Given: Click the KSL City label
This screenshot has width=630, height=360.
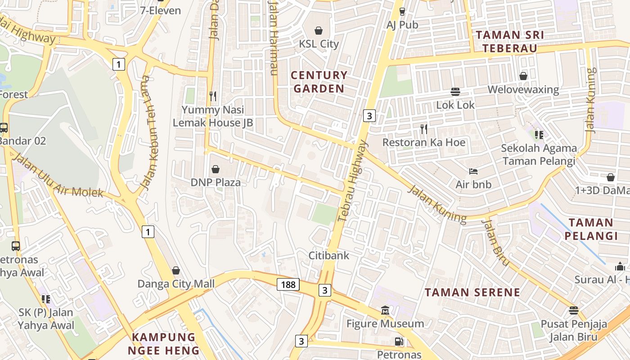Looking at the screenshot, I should pos(319,44).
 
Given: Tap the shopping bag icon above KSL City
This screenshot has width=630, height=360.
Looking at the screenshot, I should pos(319,31).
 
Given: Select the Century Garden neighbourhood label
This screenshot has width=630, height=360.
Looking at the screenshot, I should pos(319,81).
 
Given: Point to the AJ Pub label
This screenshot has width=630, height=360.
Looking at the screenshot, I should pos(402,25).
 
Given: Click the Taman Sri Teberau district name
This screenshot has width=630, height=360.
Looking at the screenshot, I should pos(510,41).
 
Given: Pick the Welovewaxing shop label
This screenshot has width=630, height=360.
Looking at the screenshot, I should pos(523,90).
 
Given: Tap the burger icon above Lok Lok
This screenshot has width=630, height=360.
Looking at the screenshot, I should pos(455,91).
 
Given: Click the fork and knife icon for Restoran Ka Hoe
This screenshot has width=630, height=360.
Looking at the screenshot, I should pos(423,129).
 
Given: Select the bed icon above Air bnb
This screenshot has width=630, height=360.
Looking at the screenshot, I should pos(473,171).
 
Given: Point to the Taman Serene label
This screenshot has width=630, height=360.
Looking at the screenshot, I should pos(472,292).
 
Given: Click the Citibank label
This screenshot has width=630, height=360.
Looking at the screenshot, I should pos(328,255).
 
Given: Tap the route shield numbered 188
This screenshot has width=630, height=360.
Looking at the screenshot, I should pos(288,284).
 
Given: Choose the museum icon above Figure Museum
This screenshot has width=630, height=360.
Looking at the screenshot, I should pos(385,310).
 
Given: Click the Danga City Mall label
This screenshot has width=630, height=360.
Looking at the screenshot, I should pos(176,284).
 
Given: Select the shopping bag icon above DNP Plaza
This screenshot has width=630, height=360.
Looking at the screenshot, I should pos(216,169).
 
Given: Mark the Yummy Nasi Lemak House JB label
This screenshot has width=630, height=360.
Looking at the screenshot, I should pos(213,116).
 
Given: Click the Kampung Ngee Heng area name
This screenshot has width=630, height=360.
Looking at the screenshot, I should pos(163,344).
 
